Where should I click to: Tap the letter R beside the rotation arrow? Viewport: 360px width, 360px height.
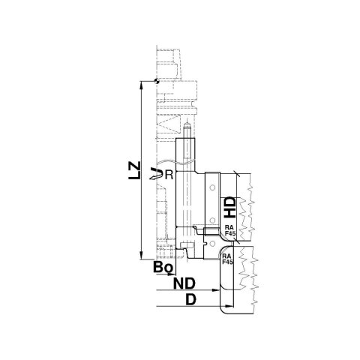pyautogui.click(x=169, y=175)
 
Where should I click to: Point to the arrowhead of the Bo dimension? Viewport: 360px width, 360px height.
pyautogui.click(x=177, y=273)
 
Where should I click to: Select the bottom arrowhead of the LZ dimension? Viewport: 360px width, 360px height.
pyautogui.click(x=142, y=256)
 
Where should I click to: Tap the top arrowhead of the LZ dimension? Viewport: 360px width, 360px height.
pyautogui.click(x=142, y=86)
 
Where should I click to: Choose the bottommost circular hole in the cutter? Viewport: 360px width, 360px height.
pyautogui.click(x=212, y=241)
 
